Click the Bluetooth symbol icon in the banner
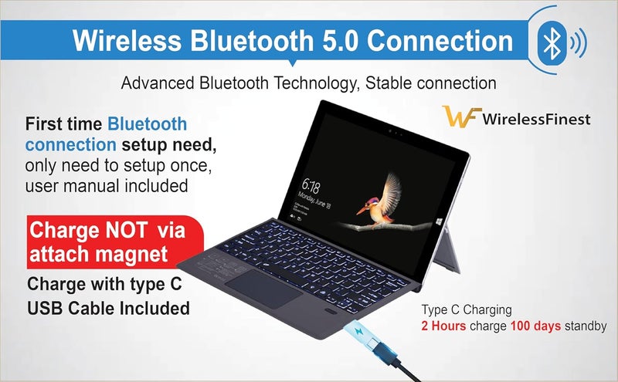[x=552, y=43]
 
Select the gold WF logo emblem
[x=460, y=118]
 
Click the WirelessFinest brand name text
[x=535, y=119]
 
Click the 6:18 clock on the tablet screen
[x=311, y=186]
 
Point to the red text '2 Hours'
[x=443, y=326]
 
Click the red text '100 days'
[x=532, y=326]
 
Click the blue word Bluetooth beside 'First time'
[x=148, y=123]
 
